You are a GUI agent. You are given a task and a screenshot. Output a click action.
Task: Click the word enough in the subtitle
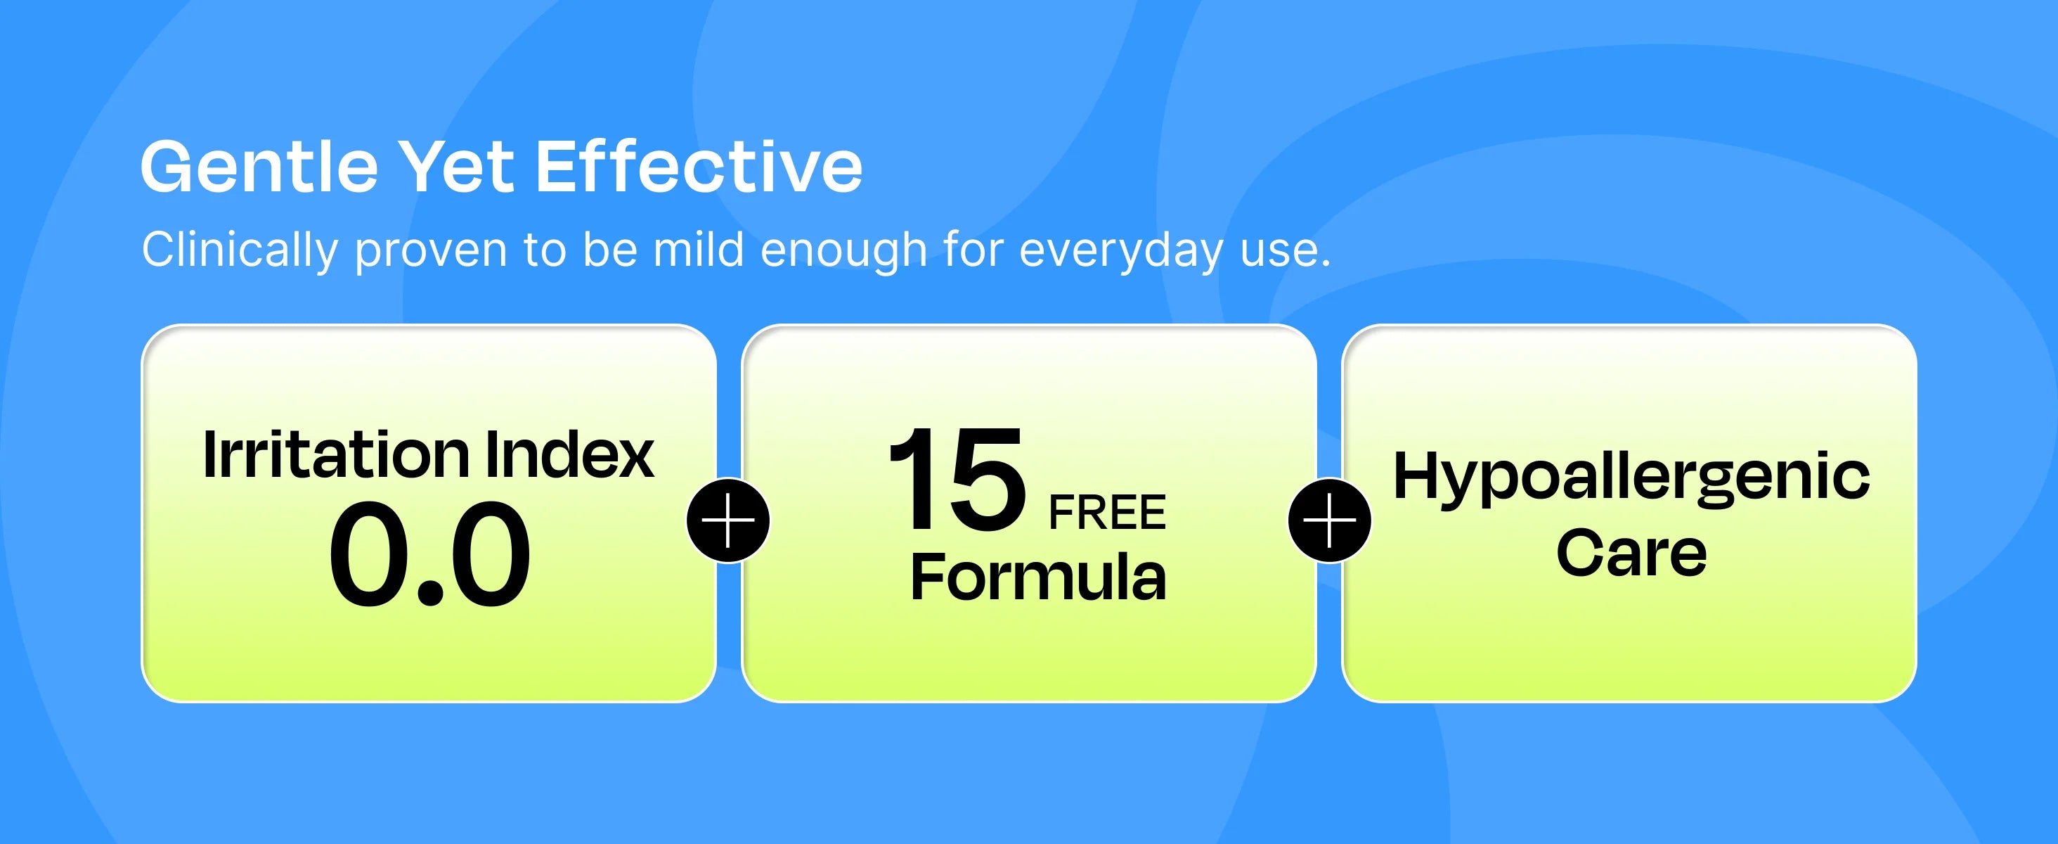point(843,252)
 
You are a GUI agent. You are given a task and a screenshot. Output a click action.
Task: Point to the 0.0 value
point(430,554)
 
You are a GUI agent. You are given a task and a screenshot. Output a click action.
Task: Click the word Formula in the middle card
point(1039,576)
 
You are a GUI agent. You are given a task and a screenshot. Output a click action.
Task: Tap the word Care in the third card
point(1631,552)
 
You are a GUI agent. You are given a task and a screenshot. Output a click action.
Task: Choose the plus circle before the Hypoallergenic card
point(1329,521)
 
